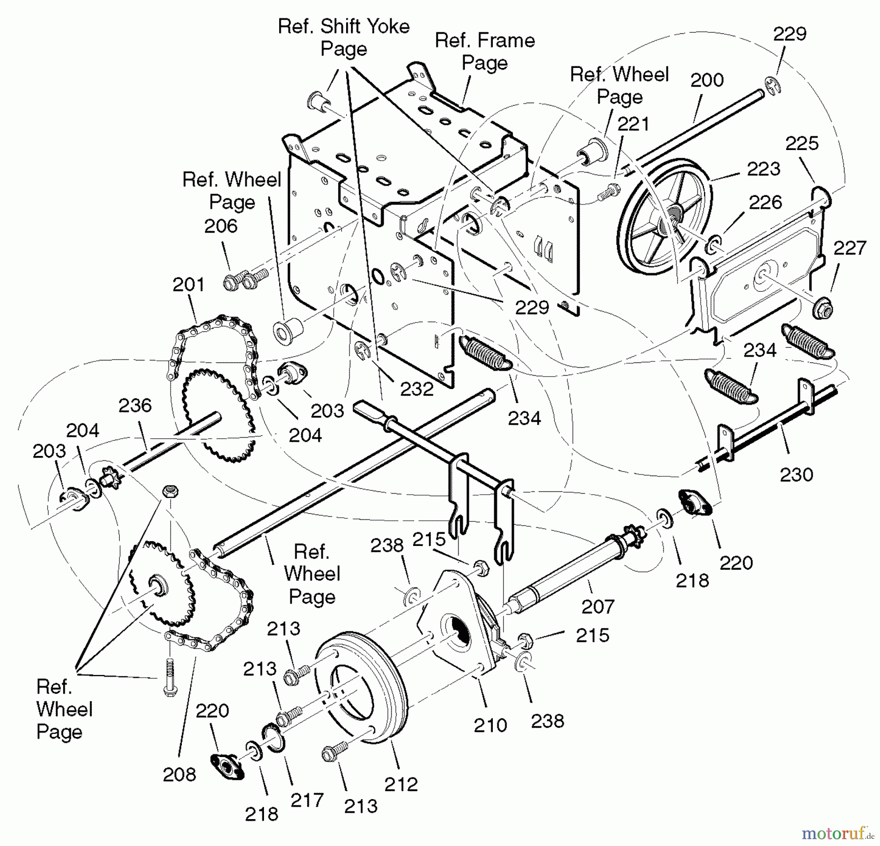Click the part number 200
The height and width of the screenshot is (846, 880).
coord(706,80)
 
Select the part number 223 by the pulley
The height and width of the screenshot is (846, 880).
coord(763,169)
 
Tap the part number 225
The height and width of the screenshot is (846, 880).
coord(802,144)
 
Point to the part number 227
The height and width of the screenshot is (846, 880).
coord(850,248)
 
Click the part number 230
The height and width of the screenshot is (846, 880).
coord(796,475)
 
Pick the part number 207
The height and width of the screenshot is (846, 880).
coord(597,607)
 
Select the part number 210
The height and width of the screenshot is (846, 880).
coord(490,725)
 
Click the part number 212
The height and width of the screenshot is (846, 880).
coord(401,784)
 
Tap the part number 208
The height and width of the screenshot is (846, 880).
coord(179,775)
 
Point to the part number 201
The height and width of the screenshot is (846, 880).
coord(189,284)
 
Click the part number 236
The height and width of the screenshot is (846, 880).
coord(135,405)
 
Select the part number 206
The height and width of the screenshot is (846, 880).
coord(220,226)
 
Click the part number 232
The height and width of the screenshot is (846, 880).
coord(417,389)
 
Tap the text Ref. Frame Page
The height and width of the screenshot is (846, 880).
coord(484,51)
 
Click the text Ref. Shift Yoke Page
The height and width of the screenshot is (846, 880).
coord(344,37)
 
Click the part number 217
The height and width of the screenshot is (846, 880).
coord(307,801)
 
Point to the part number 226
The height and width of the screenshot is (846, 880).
coord(765,202)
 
